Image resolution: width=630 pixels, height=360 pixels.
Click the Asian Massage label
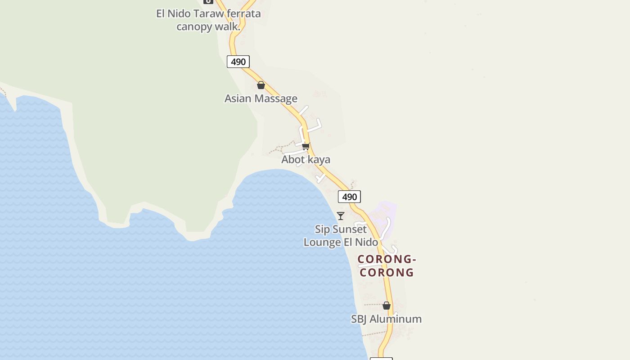pos(261,99)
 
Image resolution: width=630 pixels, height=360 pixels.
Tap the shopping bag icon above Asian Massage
pos(261,85)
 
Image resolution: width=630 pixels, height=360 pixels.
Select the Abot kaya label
pos(306,159)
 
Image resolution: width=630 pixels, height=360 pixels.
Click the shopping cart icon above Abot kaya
pos(306,146)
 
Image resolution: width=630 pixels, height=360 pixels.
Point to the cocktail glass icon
pos(341,216)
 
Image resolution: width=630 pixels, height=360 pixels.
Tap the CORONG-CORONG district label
pos(387,265)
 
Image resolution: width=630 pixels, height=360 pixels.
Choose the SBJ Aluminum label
pos(386,319)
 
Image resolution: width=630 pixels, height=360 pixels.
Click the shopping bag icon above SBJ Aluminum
pos(386,306)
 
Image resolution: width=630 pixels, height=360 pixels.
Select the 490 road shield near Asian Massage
pos(238,62)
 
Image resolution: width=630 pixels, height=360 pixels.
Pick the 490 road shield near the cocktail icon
pos(349,197)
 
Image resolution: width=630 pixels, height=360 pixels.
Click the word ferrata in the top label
pos(243,13)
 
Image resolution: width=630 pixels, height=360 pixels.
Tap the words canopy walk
pos(208,27)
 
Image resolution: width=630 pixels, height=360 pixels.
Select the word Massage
pos(276,99)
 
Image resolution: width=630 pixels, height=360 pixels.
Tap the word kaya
pos(319,159)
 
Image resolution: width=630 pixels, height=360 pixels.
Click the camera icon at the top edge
pos(208,1)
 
